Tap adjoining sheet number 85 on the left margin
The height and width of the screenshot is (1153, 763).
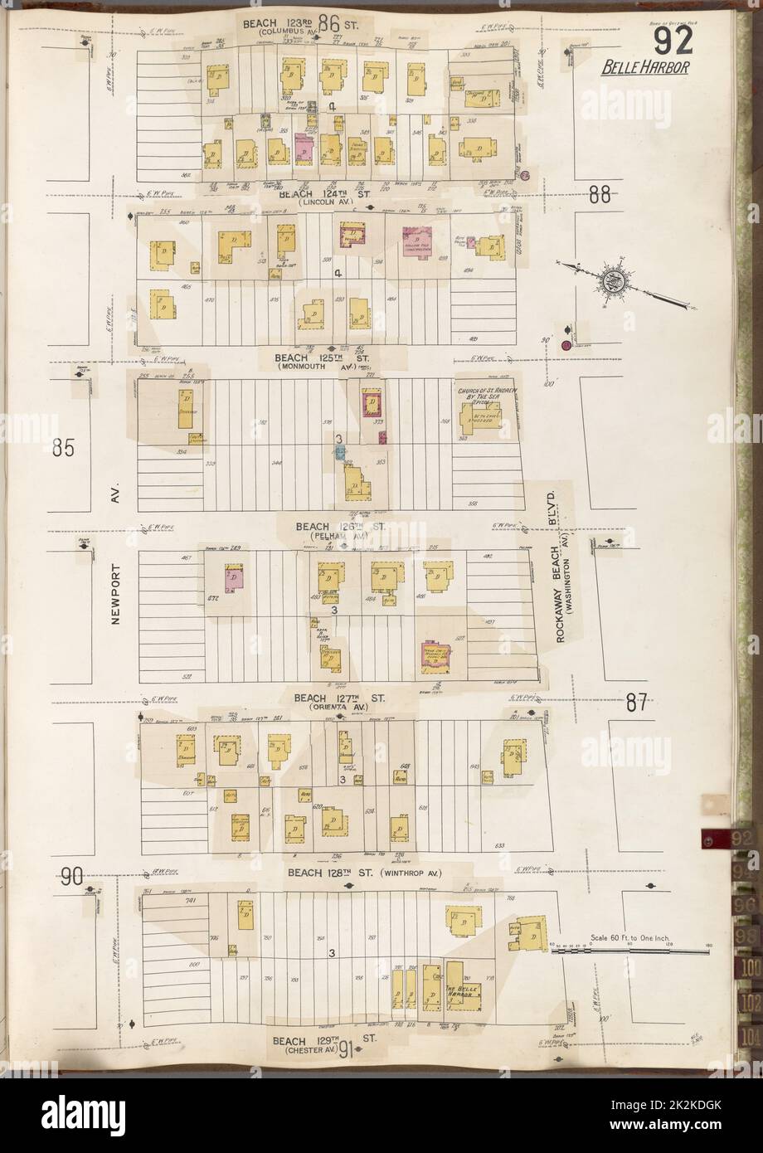(x=63, y=449)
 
